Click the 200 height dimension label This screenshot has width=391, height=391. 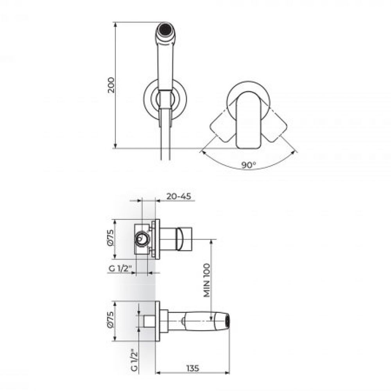click(111, 85)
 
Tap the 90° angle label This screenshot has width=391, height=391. click(249, 165)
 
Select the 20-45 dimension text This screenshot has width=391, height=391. click(179, 196)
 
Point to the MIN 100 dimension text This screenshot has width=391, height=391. click(207, 280)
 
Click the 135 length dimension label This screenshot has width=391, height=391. click(192, 368)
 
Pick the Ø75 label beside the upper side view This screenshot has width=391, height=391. click(111, 238)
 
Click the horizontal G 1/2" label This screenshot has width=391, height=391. click(120, 269)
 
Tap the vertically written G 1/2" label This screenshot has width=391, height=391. click(135, 361)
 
